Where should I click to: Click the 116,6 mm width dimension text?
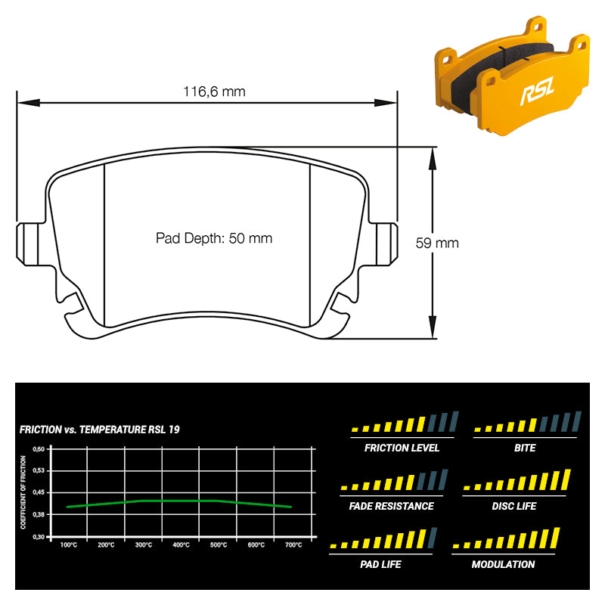tap(214, 92)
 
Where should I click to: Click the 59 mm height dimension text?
tap(437, 243)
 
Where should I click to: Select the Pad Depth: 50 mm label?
tap(214, 238)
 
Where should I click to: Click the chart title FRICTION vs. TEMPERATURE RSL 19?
tap(99, 430)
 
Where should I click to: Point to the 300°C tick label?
tap(143, 544)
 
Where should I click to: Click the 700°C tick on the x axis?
tap(293, 544)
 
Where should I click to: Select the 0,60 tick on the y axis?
tap(39, 448)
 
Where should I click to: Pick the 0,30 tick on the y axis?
tap(39, 536)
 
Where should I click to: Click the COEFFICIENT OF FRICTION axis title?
tap(23, 492)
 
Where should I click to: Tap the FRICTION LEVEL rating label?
tap(402, 448)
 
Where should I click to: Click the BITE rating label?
tap(524, 448)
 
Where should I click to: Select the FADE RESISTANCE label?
tap(391, 506)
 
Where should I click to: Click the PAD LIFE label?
tap(381, 564)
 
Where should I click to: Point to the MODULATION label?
tap(503, 564)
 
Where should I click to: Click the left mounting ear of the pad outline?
tap(26, 243)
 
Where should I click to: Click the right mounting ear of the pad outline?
tap(387, 243)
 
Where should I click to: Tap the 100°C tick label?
tap(68, 544)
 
